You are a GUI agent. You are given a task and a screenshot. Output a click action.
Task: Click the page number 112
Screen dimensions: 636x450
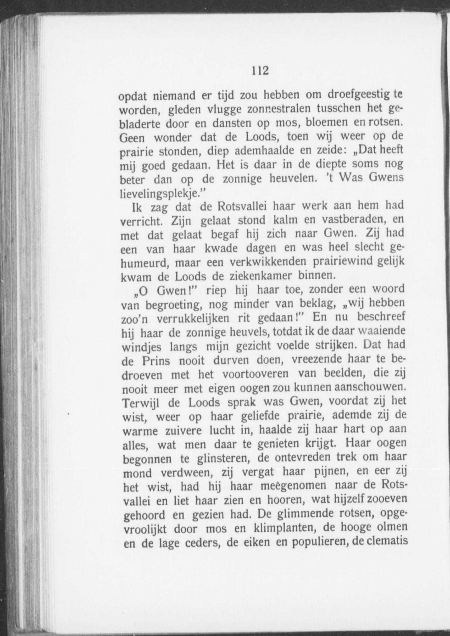260,70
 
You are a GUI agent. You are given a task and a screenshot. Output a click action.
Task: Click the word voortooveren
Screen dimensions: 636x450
255,373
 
